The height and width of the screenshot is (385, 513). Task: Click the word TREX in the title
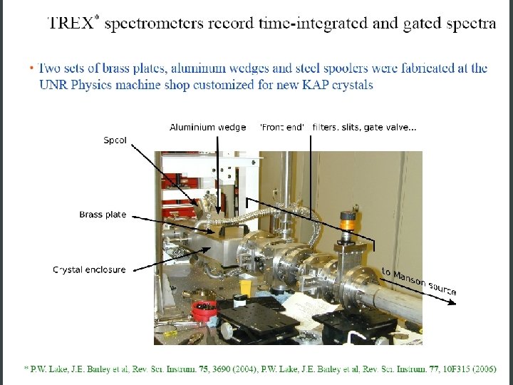click(69, 23)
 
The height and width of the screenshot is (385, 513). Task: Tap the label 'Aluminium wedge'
click(207, 127)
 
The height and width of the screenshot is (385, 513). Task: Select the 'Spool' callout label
click(115, 140)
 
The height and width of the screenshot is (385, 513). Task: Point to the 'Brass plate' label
click(103, 215)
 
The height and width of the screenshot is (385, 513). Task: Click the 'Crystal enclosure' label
click(89, 269)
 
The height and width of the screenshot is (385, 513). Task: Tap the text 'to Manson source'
click(419, 281)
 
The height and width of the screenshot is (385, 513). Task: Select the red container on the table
click(204, 309)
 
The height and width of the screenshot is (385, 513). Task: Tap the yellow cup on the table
click(245, 288)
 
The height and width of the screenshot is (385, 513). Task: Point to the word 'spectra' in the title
click(471, 23)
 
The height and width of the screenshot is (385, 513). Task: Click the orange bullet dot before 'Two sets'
click(31, 68)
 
